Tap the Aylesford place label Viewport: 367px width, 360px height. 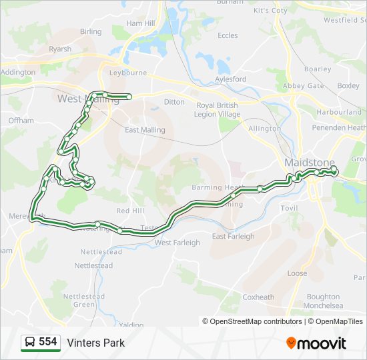point(230,79)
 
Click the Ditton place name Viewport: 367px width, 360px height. point(174,102)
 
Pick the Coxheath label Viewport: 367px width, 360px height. point(258,297)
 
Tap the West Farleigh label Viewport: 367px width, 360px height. point(177,243)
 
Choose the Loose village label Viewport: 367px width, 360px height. point(297,273)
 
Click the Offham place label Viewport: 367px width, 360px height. point(21,121)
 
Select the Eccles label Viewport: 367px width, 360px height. point(228,36)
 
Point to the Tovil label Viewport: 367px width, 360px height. point(289,208)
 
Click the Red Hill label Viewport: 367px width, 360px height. point(130,211)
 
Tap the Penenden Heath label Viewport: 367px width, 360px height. point(341,127)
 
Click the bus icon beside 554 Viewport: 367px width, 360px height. point(30,343)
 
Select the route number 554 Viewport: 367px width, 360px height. point(47,342)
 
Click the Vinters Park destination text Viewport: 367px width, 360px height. point(95,343)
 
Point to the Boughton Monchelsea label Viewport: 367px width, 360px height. point(324,301)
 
